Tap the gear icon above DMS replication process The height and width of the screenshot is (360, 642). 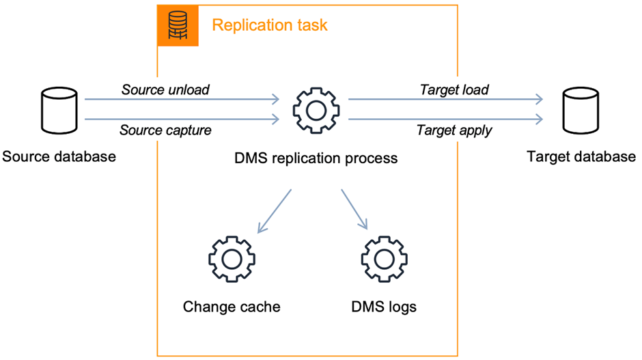(x=316, y=110)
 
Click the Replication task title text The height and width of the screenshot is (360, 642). (x=270, y=26)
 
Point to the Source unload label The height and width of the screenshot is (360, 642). (x=165, y=89)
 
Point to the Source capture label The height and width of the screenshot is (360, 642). (x=165, y=130)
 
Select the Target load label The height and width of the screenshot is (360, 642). (x=454, y=89)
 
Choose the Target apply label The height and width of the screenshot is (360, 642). (x=454, y=130)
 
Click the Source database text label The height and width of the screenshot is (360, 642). (x=59, y=157)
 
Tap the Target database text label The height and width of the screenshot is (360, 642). (x=581, y=157)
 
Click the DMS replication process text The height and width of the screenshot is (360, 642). (x=316, y=158)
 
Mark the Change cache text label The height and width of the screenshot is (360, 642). (x=232, y=307)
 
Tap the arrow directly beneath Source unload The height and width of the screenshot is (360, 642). (x=181, y=100)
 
